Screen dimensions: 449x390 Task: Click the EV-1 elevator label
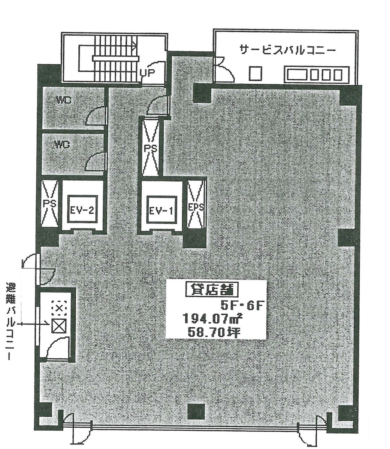pyautogui.click(x=160, y=210)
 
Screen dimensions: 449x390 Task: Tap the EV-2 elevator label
pyautogui.click(x=82, y=210)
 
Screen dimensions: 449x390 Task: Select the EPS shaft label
pyautogui.click(x=196, y=207)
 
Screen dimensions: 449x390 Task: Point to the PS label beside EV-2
pyautogui.click(x=49, y=204)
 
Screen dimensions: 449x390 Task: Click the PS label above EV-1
pyautogui.click(x=150, y=148)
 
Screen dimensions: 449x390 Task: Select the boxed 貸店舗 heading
pyautogui.click(x=212, y=290)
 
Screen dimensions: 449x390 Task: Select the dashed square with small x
pyautogui.click(x=59, y=308)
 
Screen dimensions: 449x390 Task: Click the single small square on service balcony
pyautogui.click(x=256, y=73)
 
